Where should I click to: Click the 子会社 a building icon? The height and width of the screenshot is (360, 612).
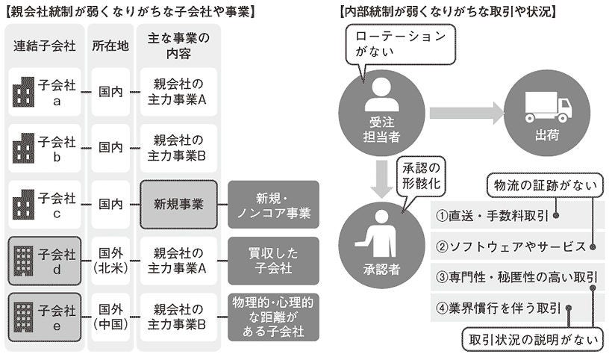click(x=24, y=93)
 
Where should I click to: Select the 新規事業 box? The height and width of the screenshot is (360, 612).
click(x=178, y=204)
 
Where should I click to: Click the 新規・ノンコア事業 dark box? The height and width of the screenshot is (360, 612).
click(x=273, y=204)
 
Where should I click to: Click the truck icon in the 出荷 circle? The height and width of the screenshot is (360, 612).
click(x=548, y=106)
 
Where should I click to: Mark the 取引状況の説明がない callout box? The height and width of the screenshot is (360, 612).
click(x=533, y=340)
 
